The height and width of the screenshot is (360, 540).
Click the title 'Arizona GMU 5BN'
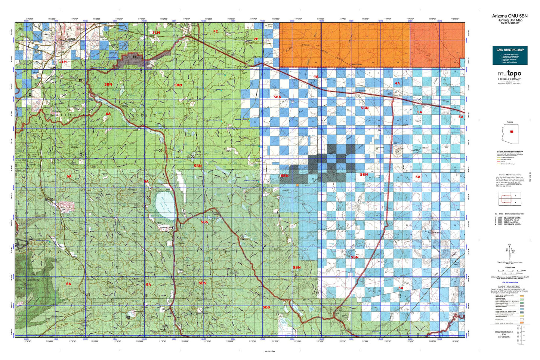pyautogui.click(x=510, y=16)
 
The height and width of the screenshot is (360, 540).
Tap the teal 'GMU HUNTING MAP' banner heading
pyautogui.click(x=510, y=50)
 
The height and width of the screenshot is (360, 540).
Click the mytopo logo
pyautogui.click(x=509, y=74)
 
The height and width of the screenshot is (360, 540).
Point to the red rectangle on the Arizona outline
pyautogui.click(x=512, y=132)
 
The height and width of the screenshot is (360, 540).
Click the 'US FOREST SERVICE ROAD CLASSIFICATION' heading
pyautogui.click(x=510, y=151)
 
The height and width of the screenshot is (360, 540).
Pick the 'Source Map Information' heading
pyautogui.click(x=510, y=174)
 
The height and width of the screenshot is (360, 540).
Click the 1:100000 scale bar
pyautogui.click(x=510, y=270)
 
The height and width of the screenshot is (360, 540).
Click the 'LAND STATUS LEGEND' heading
pyautogui.click(x=510, y=287)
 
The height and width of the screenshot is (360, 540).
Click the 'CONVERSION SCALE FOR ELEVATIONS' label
pyautogui.click(x=504, y=334)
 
